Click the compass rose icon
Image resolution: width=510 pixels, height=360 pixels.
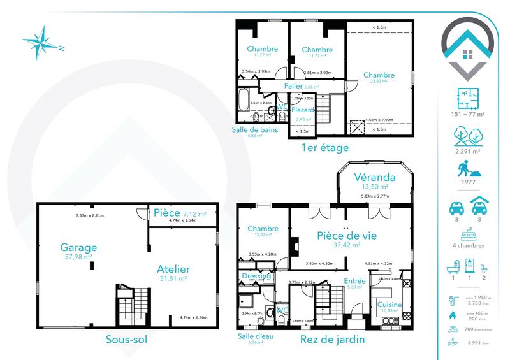(x=42, y=43)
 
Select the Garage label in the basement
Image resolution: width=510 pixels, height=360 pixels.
(x=78, y=248)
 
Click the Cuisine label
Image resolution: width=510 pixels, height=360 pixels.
(x=389, y=305)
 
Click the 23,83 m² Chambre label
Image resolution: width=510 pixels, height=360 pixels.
(x=379, y=75)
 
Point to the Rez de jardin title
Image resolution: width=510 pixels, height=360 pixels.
(x=333, y=340)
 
